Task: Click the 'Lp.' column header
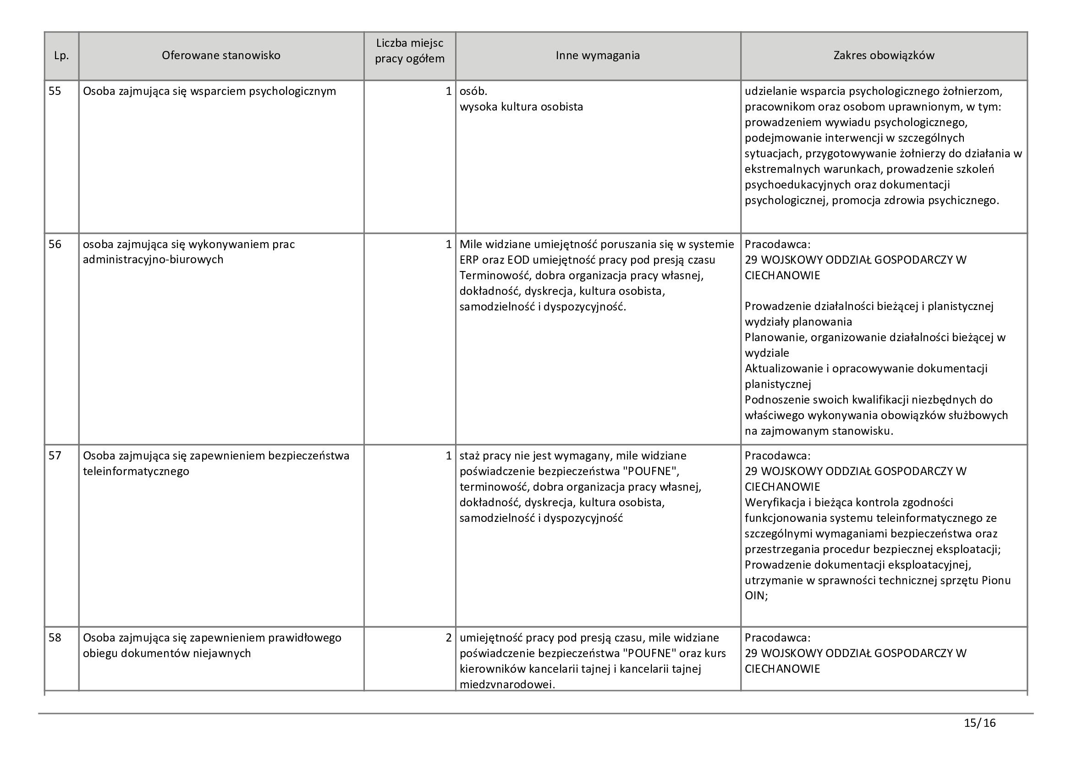[61, 55]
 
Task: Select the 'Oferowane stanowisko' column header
[221, 55]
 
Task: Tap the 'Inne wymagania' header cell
[598, 55]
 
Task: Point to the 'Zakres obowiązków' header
[884, 55]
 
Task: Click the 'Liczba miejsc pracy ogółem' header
[409, 51]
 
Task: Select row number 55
[55, 91]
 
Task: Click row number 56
[55, 244]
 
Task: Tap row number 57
[55, 455]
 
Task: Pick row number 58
[55, 638]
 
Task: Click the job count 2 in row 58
[449, 638]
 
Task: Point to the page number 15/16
[979, 724]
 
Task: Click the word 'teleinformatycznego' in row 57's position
[136, 471]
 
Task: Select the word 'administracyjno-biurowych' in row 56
[153, 260]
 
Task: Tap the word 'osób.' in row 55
[473, 91]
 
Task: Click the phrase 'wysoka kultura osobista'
[522, 107]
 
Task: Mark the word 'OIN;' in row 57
[756, 596]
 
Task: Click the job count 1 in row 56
[449, 244]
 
